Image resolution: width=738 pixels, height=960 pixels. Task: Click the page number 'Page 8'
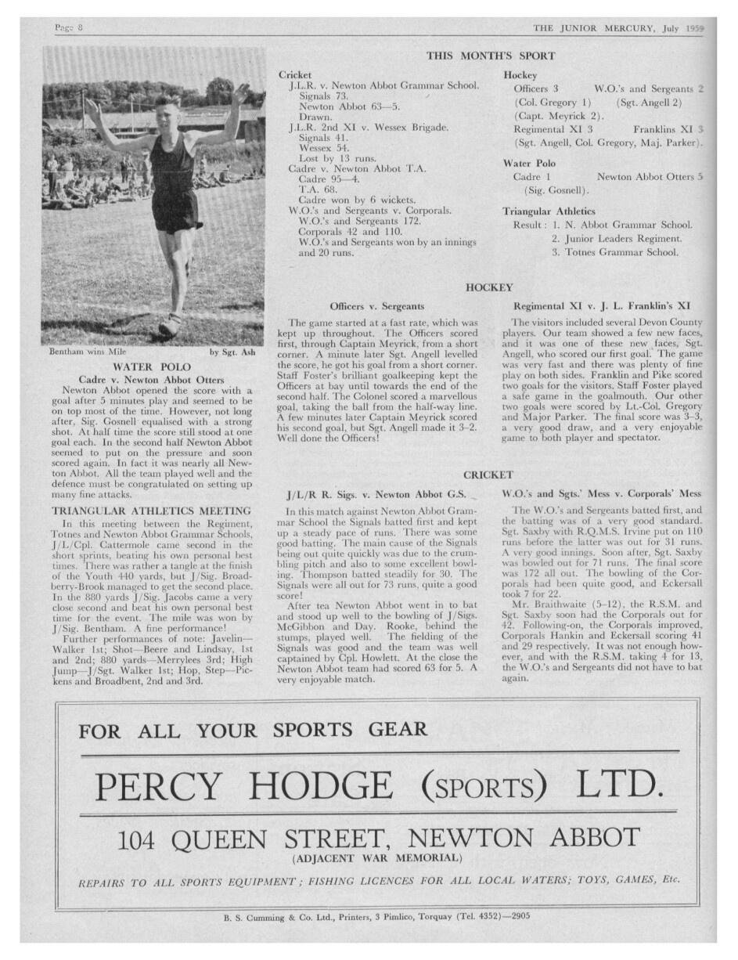(x=69, y=28)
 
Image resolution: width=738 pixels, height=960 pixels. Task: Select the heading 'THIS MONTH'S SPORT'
(x=490, y=56)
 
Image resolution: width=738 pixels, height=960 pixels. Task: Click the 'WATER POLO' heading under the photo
(x=153, y=366)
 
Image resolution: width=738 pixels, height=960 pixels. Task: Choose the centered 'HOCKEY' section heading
(x=489, y=288)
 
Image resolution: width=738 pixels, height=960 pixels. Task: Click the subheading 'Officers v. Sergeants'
(x=377, y=306)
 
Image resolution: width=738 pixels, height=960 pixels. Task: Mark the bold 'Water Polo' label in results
(x=529, y=164)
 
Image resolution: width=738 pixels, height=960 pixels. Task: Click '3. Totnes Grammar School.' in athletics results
(x=614, y=252)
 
